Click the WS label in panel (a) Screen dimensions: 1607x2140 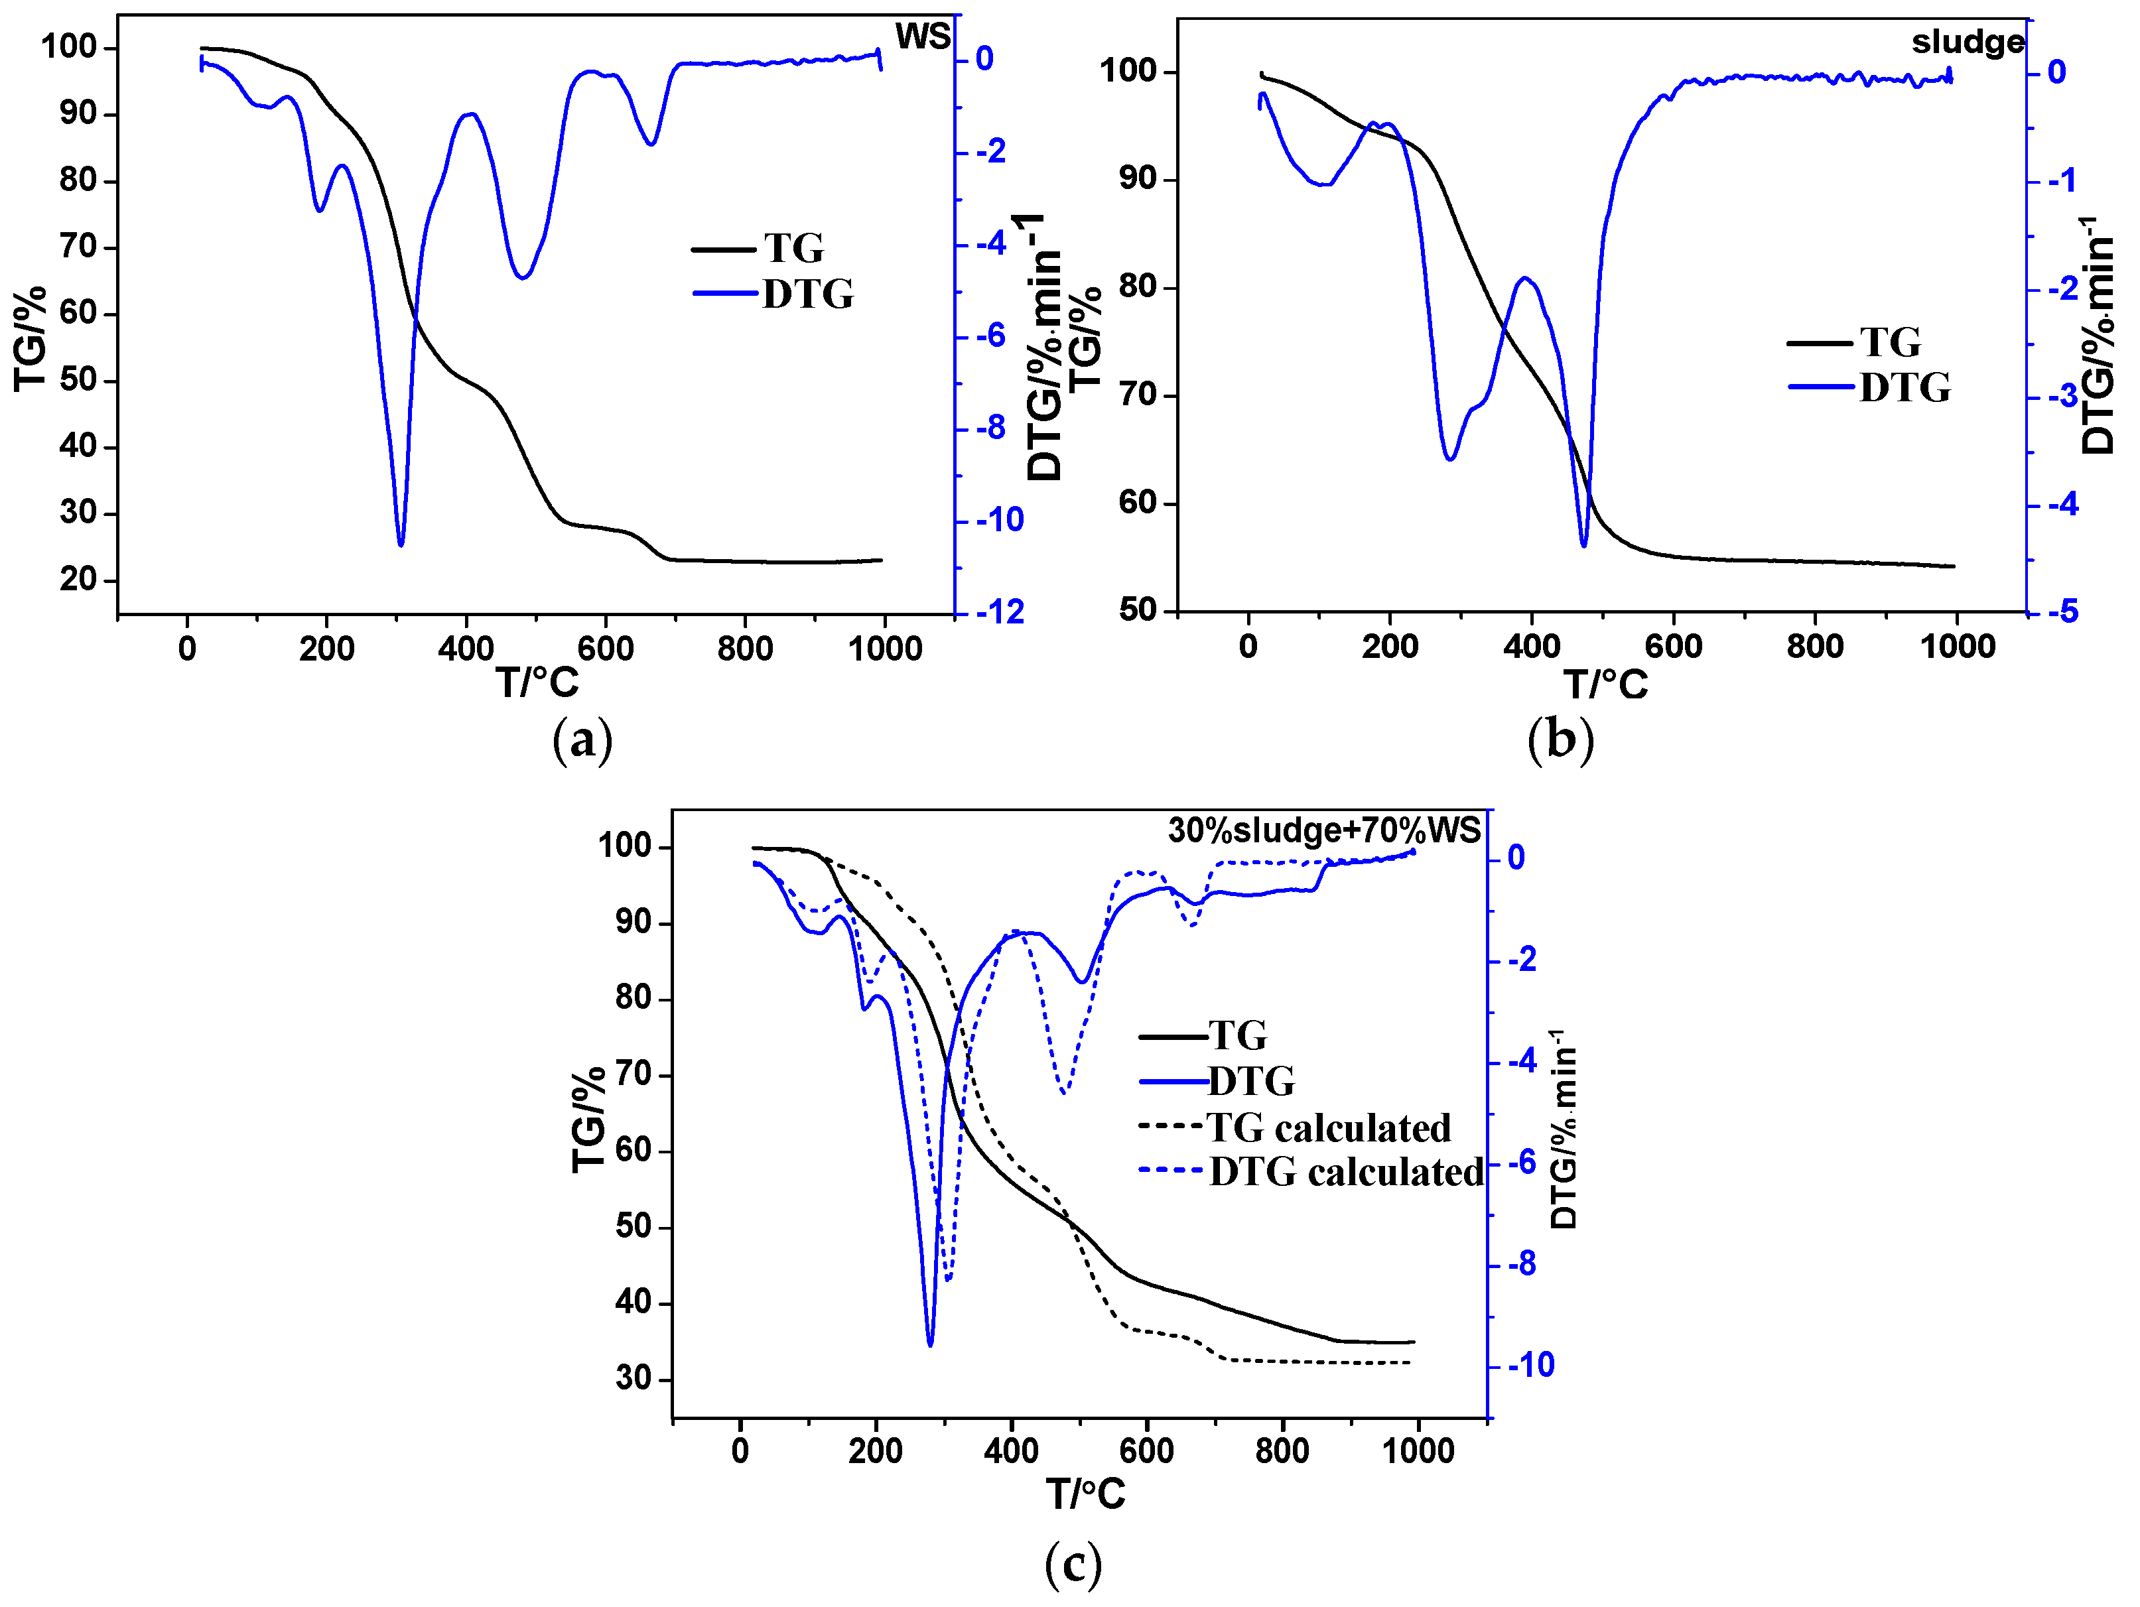tap(922, 36)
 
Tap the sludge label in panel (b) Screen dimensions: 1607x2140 tap(1967, 42)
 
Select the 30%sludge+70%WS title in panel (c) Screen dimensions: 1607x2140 tap(1323, 830)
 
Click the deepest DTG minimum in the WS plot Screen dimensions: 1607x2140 tap(401, 544)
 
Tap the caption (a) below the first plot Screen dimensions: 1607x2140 tap(582, 741)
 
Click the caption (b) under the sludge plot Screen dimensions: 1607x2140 tap(1560, 741)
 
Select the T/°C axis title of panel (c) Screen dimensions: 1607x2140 tap(1085, 1495)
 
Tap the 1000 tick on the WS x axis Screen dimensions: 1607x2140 tap(884, 648)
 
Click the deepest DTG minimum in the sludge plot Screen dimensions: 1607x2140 tap(1583, 545)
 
